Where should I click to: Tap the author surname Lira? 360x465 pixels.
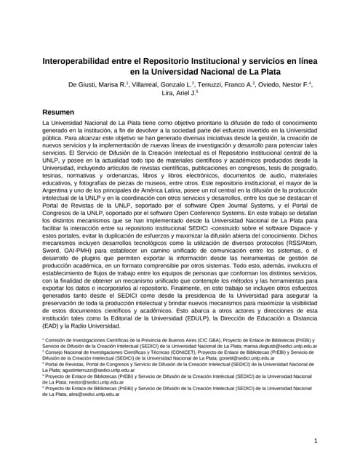pyautogui.click(x=168, y=94)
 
